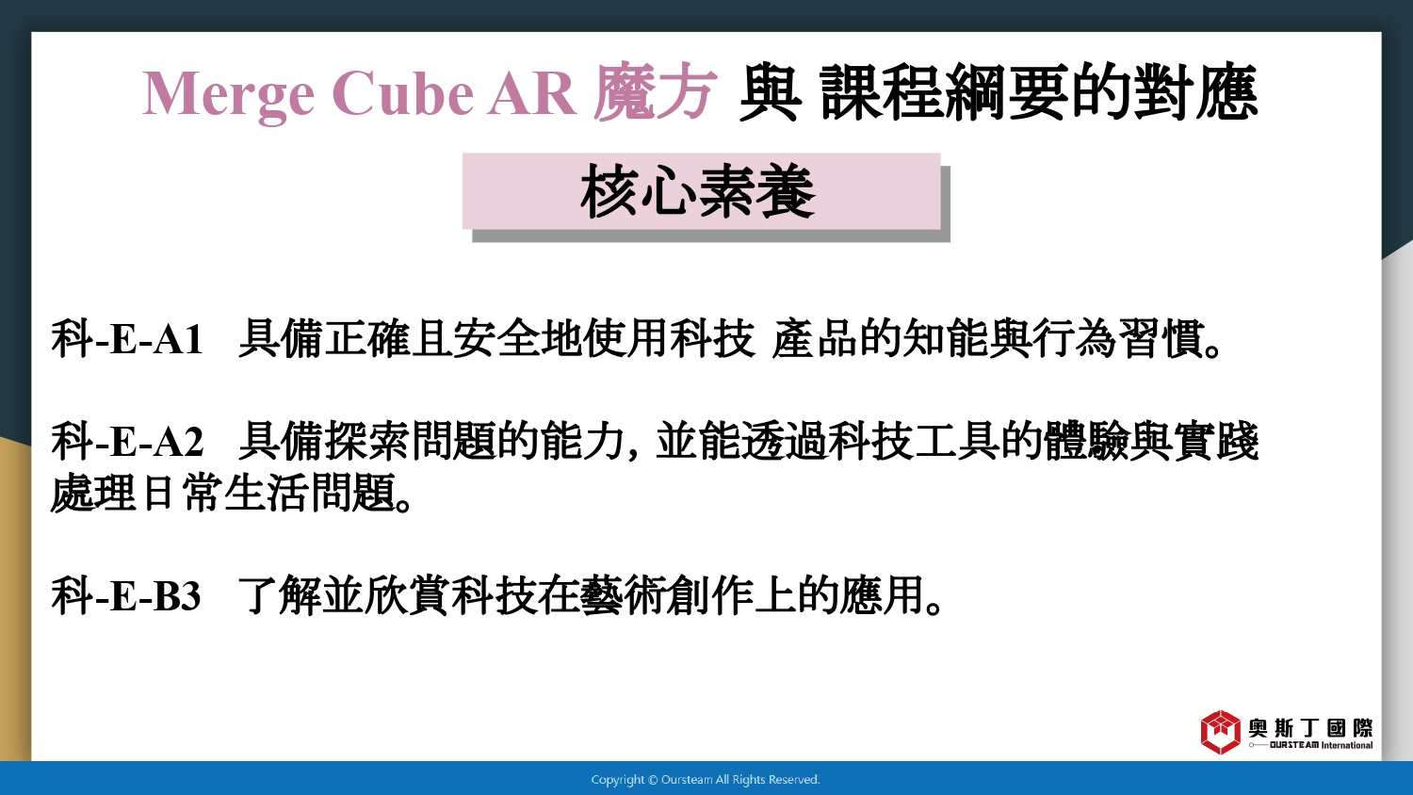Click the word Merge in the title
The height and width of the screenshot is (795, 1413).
click(228, 94)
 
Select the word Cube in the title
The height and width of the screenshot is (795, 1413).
click(402, 93)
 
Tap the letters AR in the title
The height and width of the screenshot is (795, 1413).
click(532, 93)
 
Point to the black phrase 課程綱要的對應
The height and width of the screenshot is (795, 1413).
click(1039, 92)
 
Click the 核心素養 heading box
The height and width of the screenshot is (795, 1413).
click(702, 191)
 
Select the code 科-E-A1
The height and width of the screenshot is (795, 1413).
click(127, 339)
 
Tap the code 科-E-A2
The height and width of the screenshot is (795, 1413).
click(127, 441)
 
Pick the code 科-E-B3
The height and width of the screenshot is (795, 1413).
click(126, 595)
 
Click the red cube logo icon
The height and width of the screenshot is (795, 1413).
click(1221, 732)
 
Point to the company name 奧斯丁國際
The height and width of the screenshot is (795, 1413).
click(1310, 728)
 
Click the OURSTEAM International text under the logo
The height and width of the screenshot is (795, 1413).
click(1321, 745)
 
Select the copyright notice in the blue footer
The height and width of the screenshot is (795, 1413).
click(706, 780)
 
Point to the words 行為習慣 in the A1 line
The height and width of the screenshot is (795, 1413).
click(1117, 339)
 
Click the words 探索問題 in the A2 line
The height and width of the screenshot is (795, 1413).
click(411, 441)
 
